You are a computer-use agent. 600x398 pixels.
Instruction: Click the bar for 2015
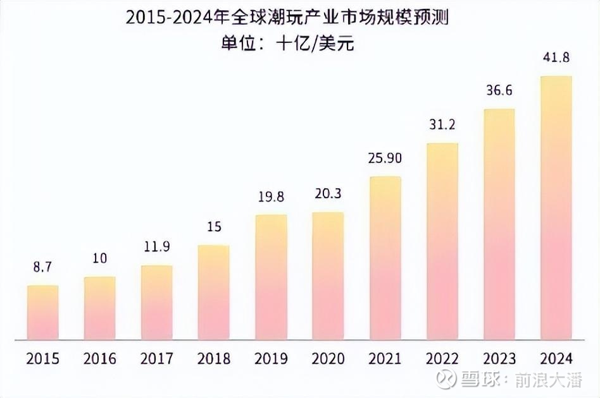[x=43, y=313]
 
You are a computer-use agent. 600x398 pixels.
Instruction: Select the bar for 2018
[x=214, y=292]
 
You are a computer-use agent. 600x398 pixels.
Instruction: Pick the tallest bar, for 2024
[x=556, y=208]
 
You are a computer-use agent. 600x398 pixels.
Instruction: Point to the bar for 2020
[x=328, y=276]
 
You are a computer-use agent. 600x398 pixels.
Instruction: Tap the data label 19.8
[x=271, y=197]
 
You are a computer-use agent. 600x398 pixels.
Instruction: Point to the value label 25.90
[x=385, y=158]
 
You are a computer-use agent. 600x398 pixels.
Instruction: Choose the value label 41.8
[x=556, y=58]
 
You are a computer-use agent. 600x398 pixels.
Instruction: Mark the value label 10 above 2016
[x=100, y=258]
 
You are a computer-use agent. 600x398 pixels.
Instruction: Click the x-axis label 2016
[x=100, y=359]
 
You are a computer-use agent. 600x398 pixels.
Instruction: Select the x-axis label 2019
[x=271, y=359]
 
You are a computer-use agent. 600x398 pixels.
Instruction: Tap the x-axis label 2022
[x=442, y=359]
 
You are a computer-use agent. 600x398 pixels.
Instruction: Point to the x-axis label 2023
[x=499, y=359]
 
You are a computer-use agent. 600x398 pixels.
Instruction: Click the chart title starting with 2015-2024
[x=287, y=18]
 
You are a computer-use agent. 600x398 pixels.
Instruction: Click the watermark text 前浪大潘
[x=557, y=380]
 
